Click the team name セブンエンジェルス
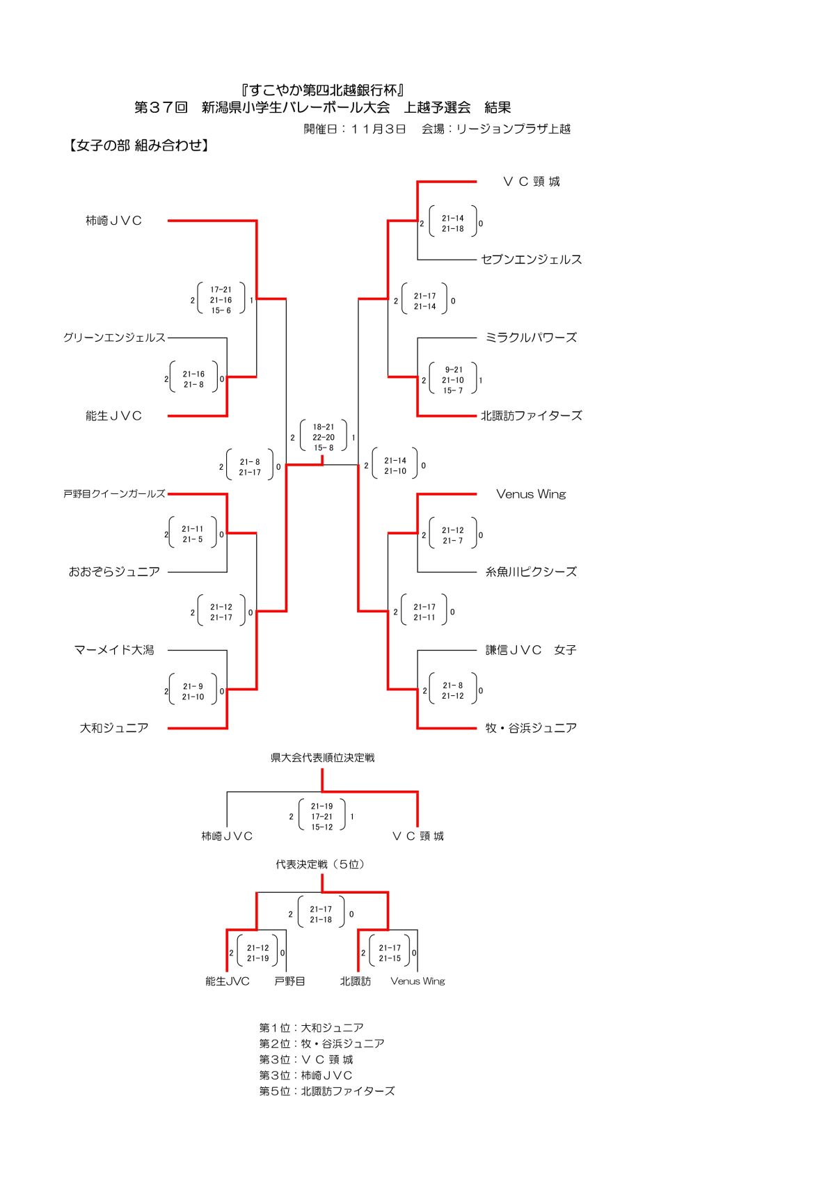coord(531,260)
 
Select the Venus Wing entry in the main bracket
coord(531,494)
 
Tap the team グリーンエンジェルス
coord(114,338)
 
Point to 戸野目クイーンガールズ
coord(114,493)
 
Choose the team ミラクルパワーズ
coord(531,338)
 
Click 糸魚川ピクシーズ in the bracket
coord(531,572)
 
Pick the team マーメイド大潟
coord(114,650)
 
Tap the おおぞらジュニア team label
coord(114,572)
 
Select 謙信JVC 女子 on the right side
coord(531,650)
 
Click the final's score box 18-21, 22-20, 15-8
coord(324,437)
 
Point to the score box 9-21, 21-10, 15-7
coord(453,380)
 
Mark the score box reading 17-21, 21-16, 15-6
coord(221,300)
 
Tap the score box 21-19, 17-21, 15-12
coord(322,816)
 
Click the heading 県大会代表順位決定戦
coord(322,758)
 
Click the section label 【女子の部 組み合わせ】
coord(138,145)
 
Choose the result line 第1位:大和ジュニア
coord(311,1028)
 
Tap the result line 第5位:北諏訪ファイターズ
coord(326,1091)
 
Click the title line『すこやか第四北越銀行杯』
coord(323,90)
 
